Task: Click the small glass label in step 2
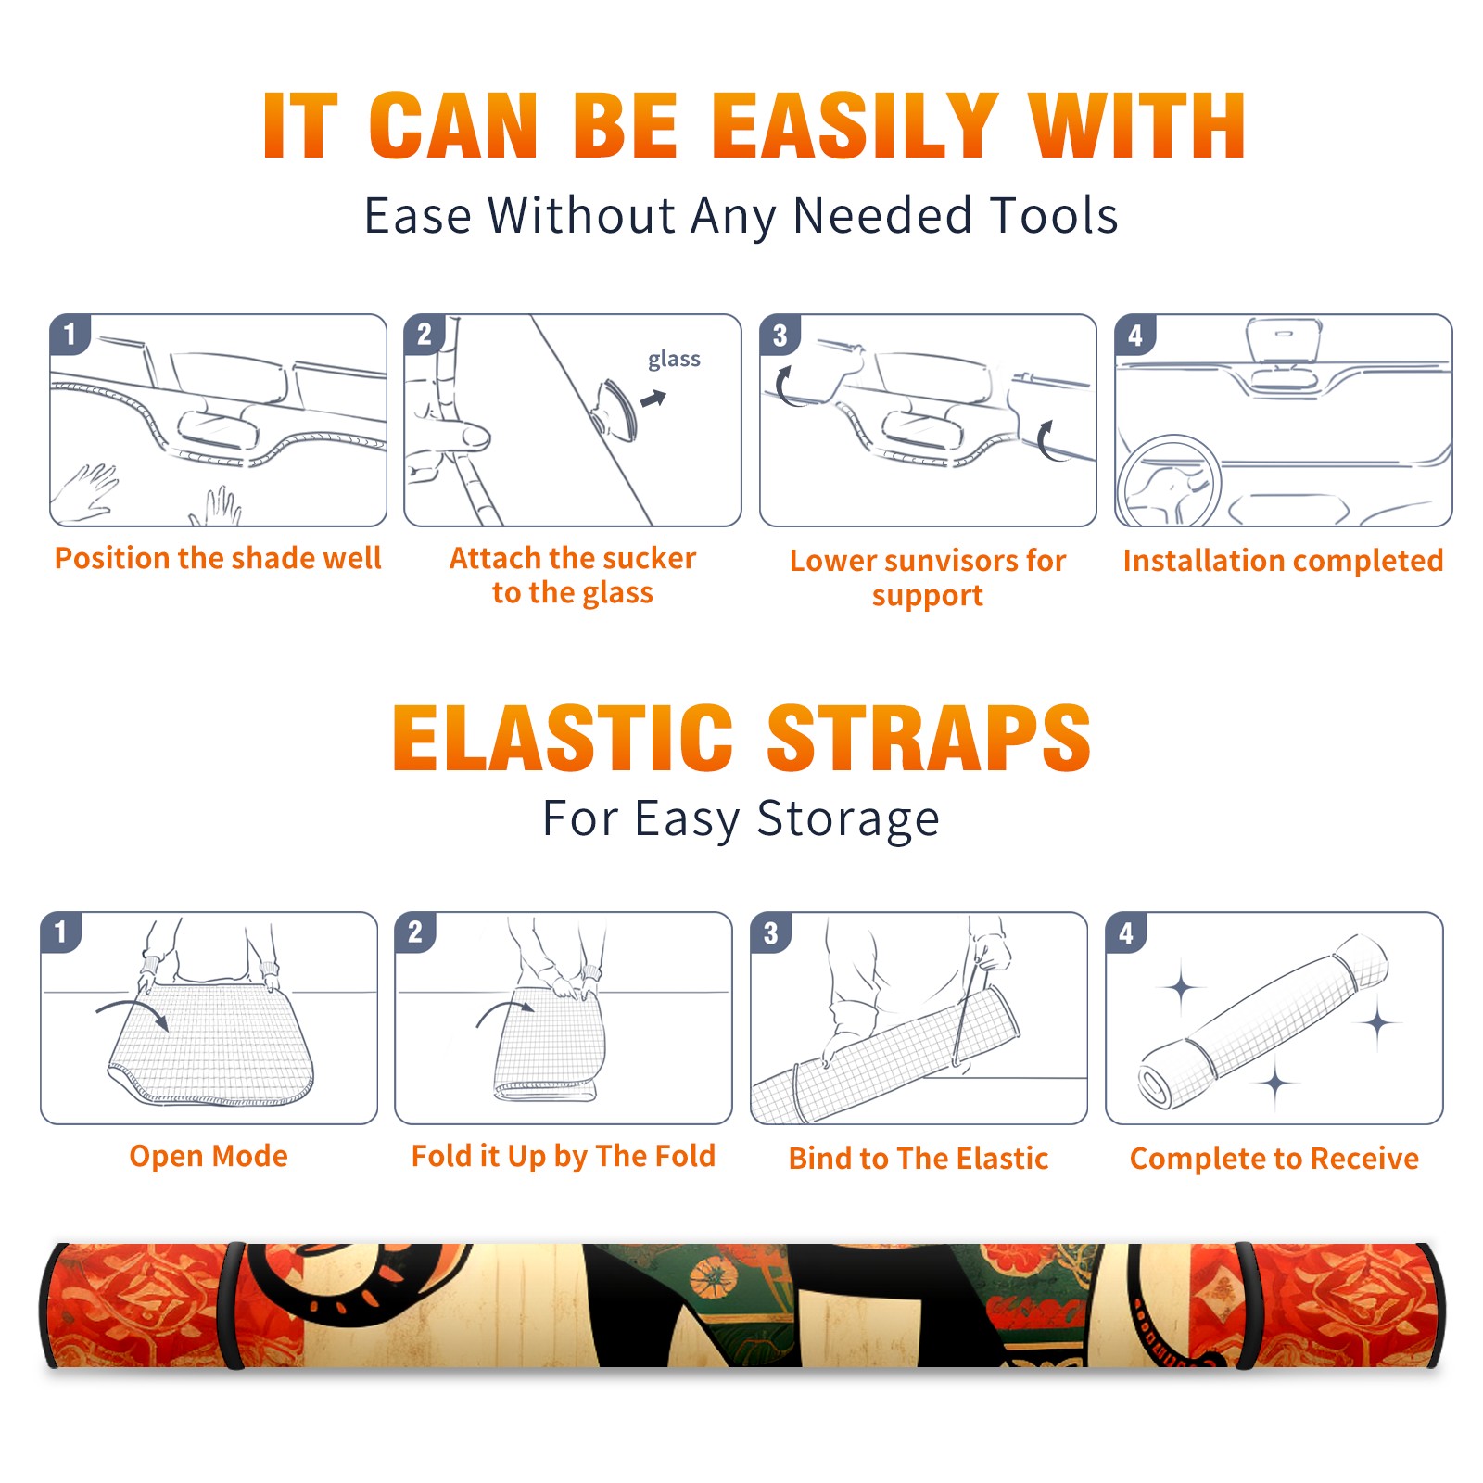674,360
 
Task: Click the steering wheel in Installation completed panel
1169,480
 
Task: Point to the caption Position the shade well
218,558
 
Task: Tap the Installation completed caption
1283,561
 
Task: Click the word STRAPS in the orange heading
929,738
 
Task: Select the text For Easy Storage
741,819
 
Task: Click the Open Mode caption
209,1156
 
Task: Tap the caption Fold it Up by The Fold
564,1157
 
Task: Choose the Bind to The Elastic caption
919,1159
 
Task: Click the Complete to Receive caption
1274,1160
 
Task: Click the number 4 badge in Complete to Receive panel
1126,932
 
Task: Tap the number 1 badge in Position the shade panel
70,334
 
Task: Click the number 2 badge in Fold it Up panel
415,932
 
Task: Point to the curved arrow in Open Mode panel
132,1011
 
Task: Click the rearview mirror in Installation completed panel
1283,340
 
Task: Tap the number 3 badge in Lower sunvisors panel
780,335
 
